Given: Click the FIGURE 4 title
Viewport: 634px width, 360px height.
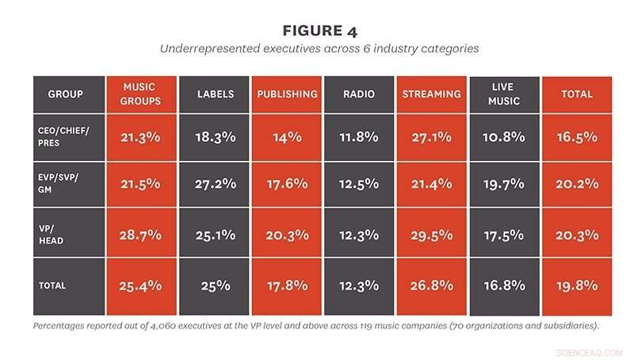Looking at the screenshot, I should click(319, 31).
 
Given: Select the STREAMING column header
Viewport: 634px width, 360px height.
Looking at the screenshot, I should click(431, 94).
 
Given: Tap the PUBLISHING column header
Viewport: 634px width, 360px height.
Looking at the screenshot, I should click(287, 94).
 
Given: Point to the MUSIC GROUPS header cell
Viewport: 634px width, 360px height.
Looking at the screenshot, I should click(141, 94).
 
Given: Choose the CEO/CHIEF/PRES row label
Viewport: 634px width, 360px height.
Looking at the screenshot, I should click(68, 136).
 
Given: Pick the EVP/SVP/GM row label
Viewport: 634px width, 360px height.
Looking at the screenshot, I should click(68, 186).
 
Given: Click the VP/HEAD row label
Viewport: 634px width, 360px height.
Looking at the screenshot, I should click(68, 235).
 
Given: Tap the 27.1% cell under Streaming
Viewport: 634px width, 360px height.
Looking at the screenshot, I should click(431, 136).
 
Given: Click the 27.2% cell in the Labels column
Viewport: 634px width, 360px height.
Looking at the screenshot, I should click(215, 186).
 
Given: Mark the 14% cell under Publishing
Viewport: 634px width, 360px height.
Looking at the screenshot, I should click(287, 136).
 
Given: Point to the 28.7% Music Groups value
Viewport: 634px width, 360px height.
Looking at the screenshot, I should click(141, 235).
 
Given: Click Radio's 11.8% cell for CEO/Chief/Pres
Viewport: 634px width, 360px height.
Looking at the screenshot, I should click(359, 136).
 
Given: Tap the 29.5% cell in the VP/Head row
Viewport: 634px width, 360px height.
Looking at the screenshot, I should click(431, 235).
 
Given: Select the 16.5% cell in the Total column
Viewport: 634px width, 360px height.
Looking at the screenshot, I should click(576, 136).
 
